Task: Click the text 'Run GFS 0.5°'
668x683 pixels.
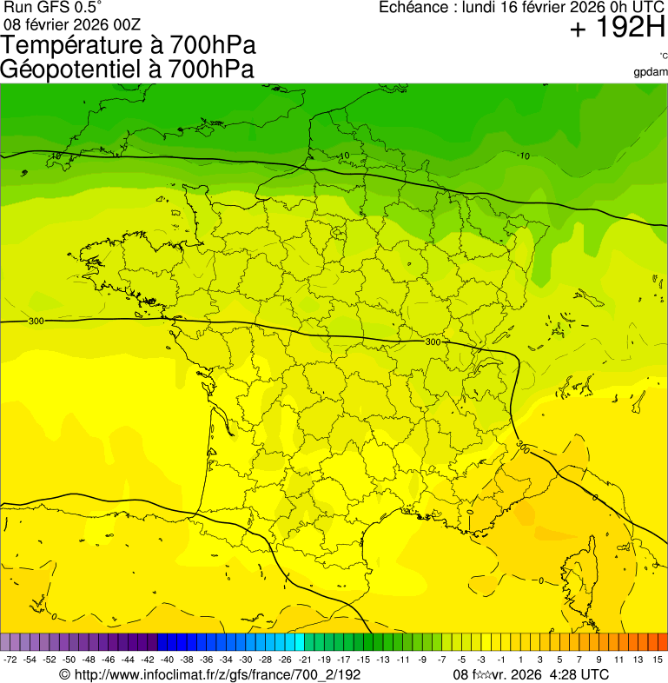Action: (52, 7)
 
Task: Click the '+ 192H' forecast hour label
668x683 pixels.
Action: (618, 30)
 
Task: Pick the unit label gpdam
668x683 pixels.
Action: (651, 72)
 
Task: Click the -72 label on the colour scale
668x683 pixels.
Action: (10, 660)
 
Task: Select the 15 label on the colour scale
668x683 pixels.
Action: (658, 660)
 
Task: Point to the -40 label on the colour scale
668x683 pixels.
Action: (167, 660)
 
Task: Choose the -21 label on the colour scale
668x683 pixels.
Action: (304, 660)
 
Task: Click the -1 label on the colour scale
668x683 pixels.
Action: (501, 660)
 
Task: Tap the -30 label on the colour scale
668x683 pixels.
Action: (245, 660)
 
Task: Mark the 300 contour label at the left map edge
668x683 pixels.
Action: (36, 322)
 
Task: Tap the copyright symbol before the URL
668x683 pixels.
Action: (64, 675)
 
